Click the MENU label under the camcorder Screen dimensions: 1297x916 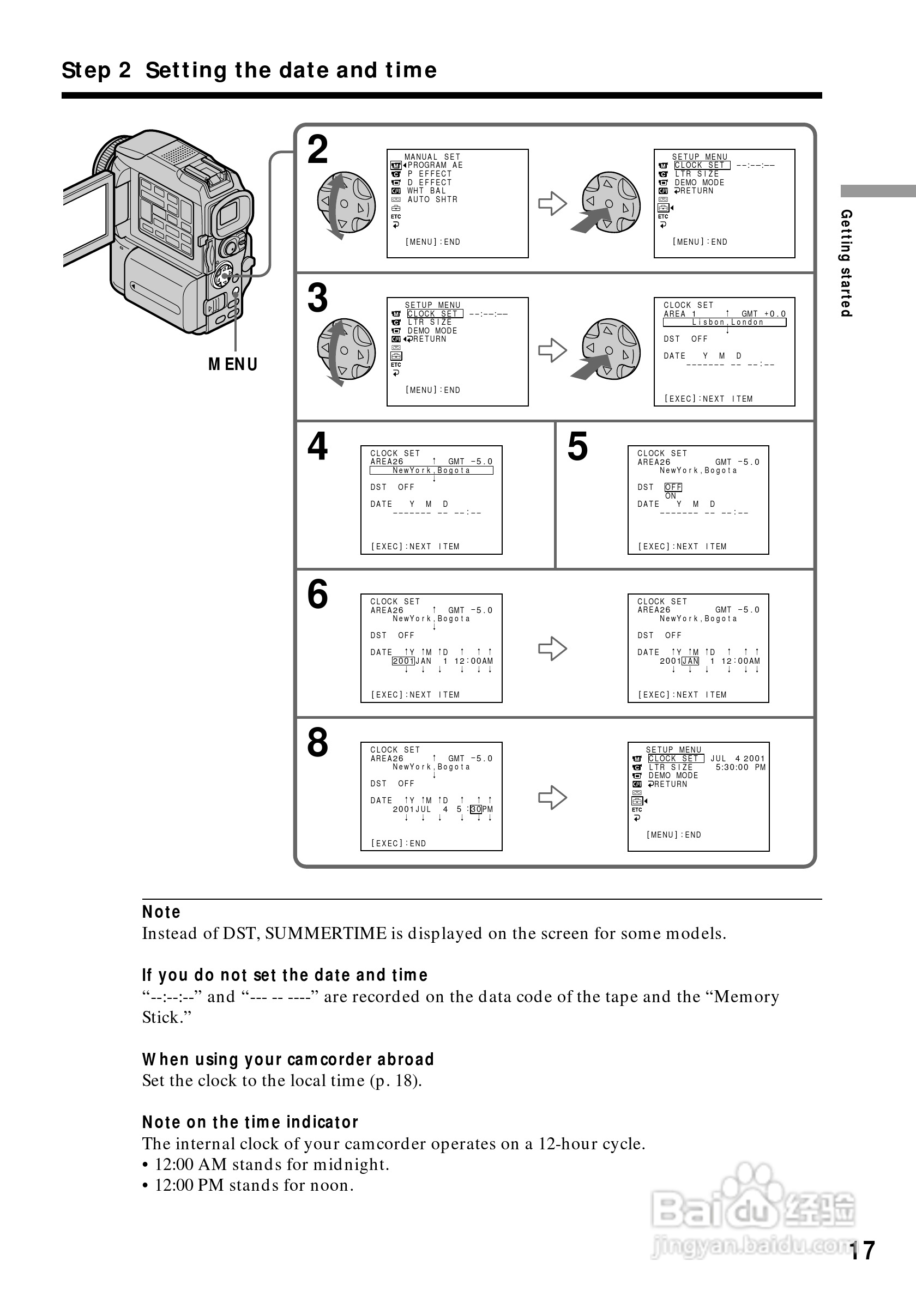(233, 365)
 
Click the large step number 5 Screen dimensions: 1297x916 (577, 446)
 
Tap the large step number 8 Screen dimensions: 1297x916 (317, 742)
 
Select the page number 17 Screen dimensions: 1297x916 (862, 1251)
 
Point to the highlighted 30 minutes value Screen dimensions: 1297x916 (476, 809)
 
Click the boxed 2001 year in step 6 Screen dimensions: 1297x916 (403, 661)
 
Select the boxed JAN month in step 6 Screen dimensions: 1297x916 (690, 661)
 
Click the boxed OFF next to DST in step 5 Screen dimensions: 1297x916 (673, 487)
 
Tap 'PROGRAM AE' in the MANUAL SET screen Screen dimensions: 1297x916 (435, 166)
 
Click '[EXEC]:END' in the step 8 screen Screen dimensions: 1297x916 (399, 844)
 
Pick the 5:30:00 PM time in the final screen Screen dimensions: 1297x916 (740, 767)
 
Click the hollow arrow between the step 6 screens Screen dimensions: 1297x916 (552, 648)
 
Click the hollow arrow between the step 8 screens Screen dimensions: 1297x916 (552, 797)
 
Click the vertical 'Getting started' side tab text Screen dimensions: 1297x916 (846, 263)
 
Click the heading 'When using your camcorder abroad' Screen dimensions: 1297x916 (288, 1059)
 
